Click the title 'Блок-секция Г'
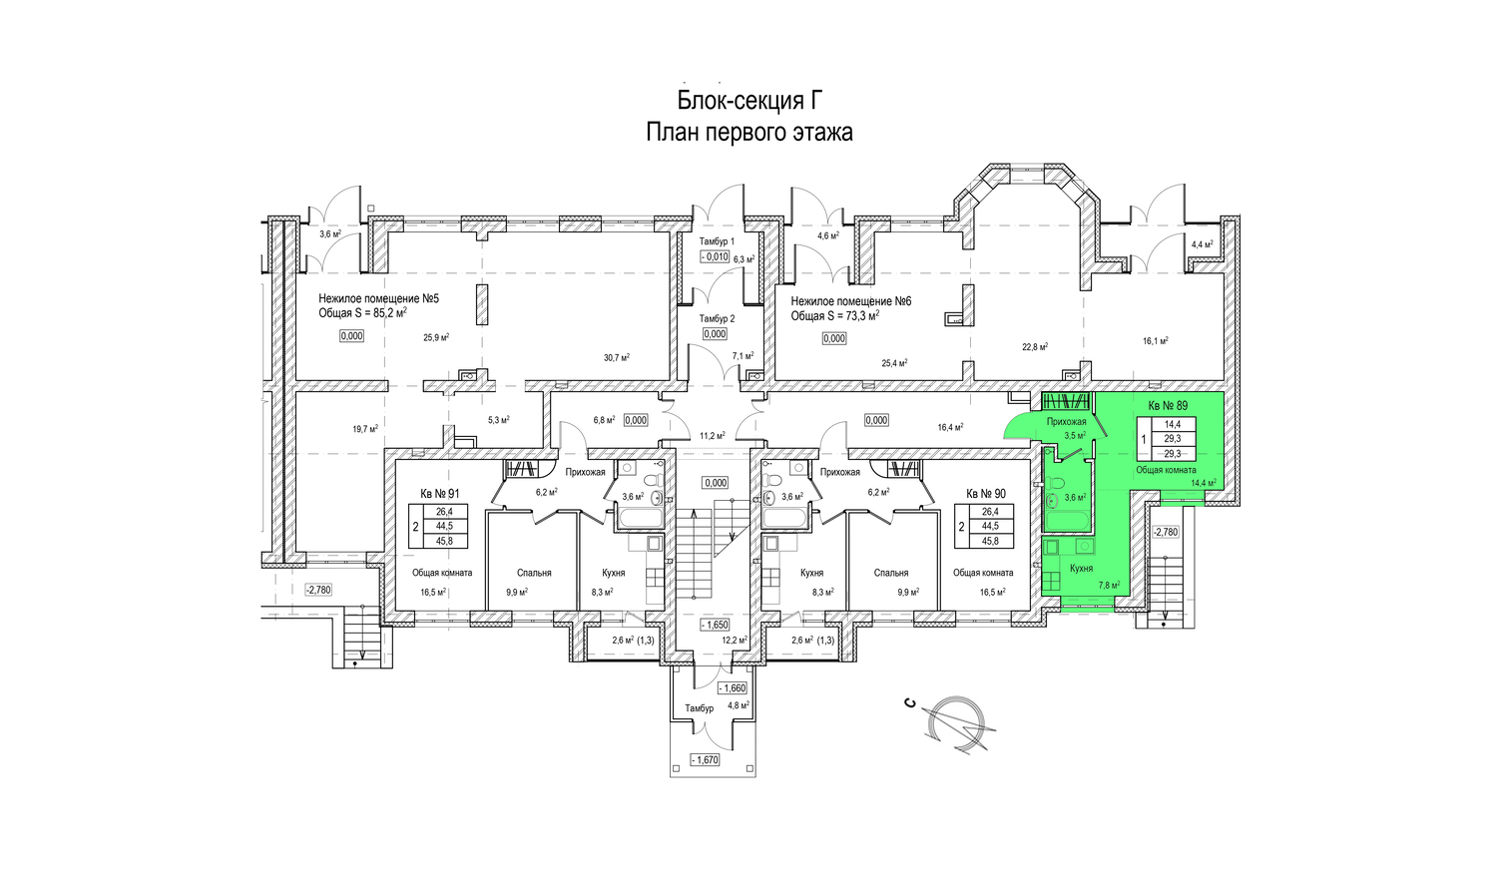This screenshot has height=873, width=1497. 748,101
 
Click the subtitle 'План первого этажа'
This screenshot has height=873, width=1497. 748,132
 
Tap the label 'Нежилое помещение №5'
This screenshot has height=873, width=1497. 378,298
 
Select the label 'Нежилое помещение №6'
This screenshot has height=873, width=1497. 851,301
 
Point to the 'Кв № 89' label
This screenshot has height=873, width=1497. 1168,406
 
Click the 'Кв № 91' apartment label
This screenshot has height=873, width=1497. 439,494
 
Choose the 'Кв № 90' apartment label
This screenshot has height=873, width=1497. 986,494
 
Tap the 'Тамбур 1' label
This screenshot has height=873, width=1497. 717,242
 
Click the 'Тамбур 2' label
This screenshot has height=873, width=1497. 717,319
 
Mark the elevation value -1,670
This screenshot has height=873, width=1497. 705,760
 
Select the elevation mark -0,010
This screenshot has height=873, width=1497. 715,256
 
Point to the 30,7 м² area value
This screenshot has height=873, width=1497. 616,357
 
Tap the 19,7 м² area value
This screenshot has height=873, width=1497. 364,429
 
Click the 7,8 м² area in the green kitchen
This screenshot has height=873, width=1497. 1108,586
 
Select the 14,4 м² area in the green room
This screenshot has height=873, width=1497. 1203,483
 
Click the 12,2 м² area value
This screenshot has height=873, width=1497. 735,641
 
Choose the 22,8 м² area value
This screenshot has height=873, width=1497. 1035,347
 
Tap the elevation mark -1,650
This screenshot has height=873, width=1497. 715,626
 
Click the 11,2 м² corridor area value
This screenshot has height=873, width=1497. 712,436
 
